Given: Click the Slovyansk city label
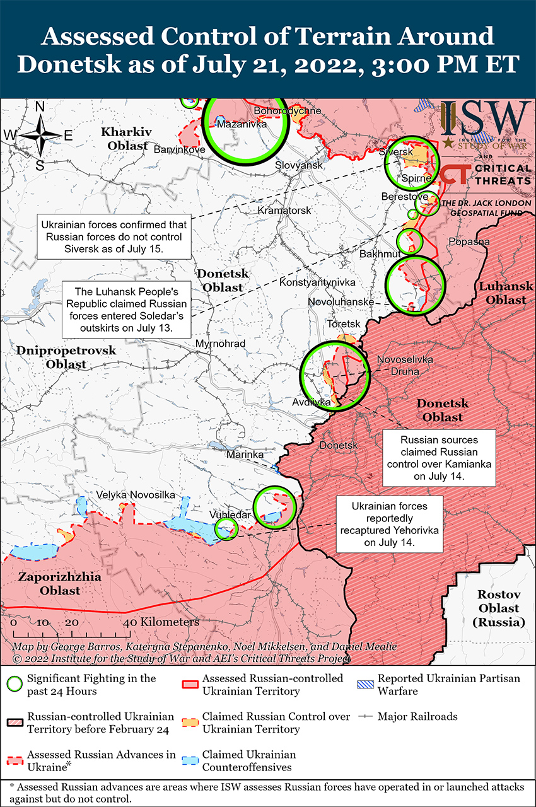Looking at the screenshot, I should [299, 165].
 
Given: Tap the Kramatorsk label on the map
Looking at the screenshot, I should [284, 210].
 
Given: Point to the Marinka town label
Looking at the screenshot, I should [245, 454].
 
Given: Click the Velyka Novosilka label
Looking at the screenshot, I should [136, 496].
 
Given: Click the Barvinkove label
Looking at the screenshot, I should [179, 150].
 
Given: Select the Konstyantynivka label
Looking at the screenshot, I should [317, 283].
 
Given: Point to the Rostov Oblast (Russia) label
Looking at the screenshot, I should [498, 608].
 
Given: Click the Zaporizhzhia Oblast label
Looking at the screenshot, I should [49, 584].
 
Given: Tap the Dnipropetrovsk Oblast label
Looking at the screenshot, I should [57, 357].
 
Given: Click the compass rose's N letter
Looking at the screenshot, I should [40, 107].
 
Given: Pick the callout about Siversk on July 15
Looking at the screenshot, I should [114, 236].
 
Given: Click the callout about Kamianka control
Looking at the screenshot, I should [439, 458].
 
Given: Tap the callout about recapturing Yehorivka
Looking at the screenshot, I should [389, 525].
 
